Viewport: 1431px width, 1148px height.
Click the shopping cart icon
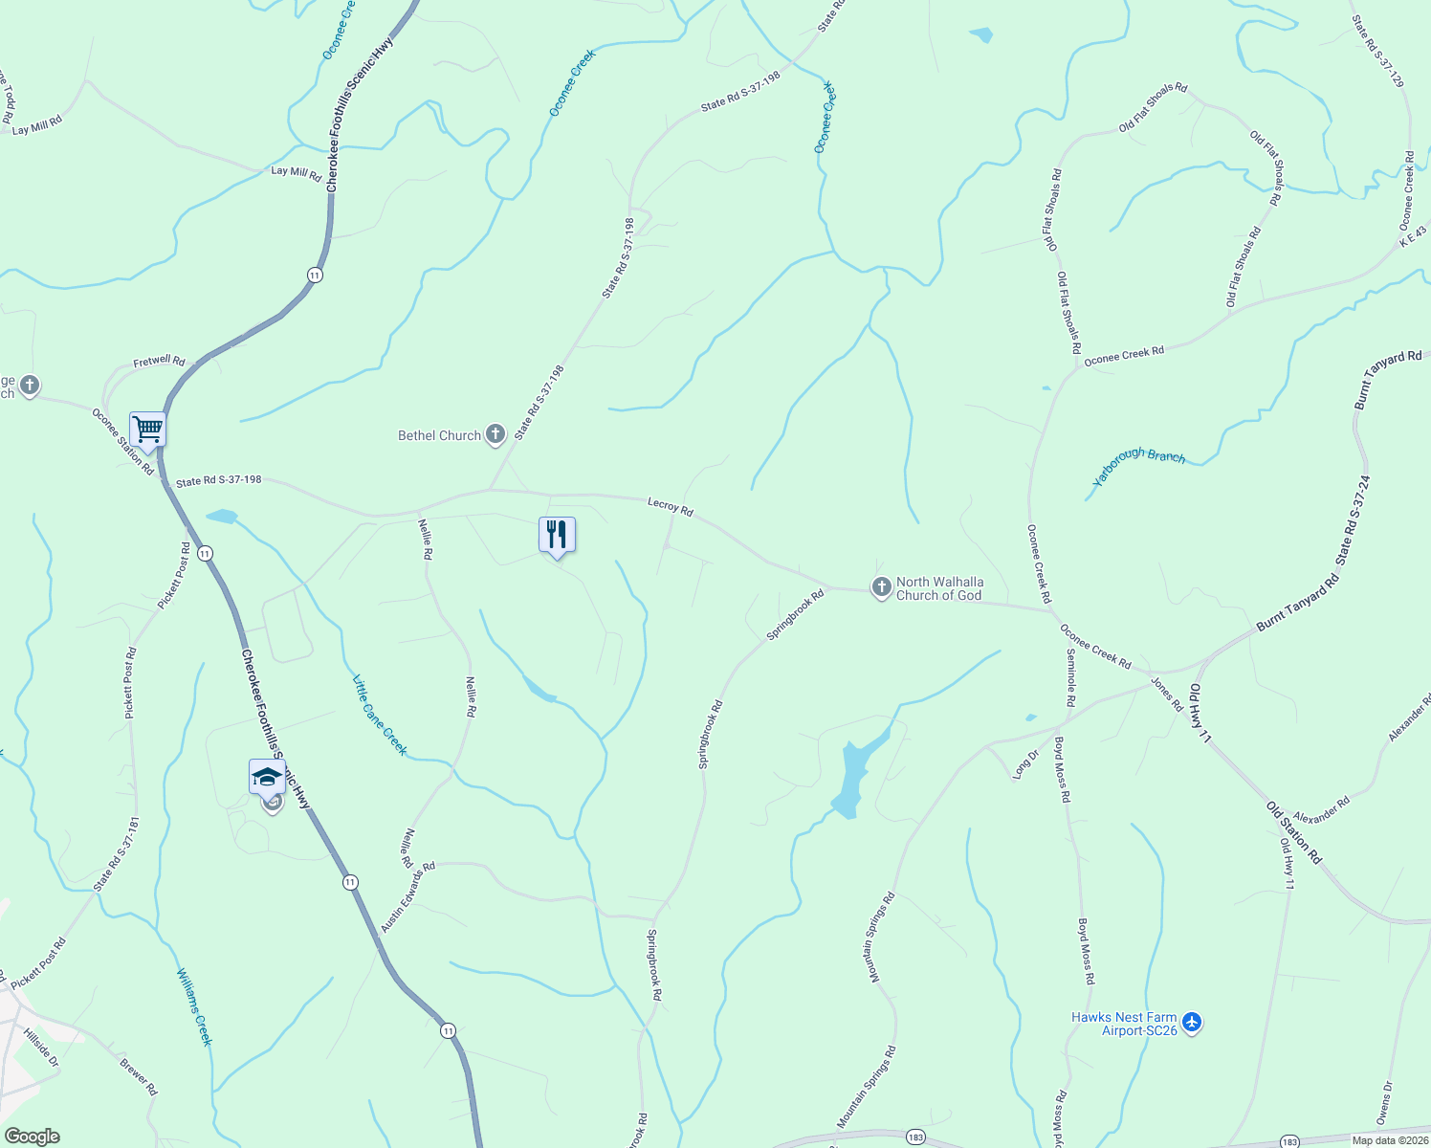[x=148, y=430]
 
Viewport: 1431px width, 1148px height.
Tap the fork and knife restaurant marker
[x=557, y=534]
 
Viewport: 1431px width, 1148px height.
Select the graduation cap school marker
[x=267, y=777]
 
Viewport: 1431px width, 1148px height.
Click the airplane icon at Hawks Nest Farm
[x=1192, y=1022]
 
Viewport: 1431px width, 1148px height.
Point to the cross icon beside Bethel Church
[x=495, y=435]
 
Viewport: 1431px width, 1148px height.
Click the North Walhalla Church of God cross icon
[x=881, y=587]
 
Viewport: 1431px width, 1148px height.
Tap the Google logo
[x=32, y=1137]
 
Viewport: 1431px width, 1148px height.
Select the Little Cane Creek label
[x=380, y=716]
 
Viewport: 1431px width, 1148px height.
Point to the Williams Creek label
[x=194, y=1007]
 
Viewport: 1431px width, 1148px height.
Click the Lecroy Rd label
[x=670, y=506]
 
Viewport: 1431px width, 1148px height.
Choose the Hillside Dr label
[x=41, y=1049]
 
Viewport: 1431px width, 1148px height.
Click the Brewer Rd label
[x=139, y=1076]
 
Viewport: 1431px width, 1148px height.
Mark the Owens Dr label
[x=1385, y=1103]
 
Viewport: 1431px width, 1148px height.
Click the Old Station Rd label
[x=1294, y=833]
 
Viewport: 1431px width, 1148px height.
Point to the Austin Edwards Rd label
[x=407, y=896]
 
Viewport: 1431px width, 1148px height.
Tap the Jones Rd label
[x=1166, y=694]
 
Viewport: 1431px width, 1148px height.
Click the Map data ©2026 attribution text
[x=1389, y=1140]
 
